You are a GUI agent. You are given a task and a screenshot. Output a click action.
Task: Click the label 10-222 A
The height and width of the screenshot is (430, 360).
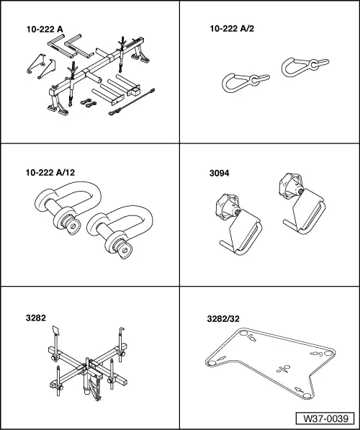(x=45, y=30)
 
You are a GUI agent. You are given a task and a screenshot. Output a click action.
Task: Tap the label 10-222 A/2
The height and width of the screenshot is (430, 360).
(x=232, y=29)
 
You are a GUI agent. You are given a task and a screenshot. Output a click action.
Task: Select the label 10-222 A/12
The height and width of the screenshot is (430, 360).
(x=50, y=172)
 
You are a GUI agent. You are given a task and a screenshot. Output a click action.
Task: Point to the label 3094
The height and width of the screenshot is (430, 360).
(x=219, y=174)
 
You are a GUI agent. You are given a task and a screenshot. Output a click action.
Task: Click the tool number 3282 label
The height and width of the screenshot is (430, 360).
(x=36, y=318)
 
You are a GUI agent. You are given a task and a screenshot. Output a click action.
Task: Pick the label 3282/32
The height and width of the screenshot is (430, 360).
(x=223, y=318)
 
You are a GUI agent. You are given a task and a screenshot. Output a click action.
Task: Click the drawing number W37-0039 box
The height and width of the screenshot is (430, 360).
(x=325, y=418)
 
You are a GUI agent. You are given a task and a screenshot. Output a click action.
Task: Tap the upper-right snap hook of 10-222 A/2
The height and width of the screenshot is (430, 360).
(x=305, y=66)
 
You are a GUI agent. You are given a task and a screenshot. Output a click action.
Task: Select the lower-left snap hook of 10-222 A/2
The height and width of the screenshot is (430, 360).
(x=245, y=82)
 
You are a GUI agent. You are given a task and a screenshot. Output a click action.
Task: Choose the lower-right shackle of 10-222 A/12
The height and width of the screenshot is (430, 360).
(x=120, y=231)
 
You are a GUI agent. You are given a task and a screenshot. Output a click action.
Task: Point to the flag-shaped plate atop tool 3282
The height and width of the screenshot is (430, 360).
(x=56, y=330)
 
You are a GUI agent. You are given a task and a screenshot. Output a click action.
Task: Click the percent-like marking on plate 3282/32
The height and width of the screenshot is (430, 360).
(x=283, y=369)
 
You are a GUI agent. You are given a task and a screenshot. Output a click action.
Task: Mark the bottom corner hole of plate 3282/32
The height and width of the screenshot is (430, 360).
(x=307, y=395)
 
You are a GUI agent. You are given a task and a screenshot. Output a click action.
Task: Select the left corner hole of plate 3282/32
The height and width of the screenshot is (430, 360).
(x=212, y=363)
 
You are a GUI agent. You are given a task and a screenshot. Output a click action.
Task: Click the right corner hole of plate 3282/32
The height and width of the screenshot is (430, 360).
(x=328, y=353)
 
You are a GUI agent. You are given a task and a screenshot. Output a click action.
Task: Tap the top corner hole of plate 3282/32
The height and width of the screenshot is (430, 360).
(x=243, y=333)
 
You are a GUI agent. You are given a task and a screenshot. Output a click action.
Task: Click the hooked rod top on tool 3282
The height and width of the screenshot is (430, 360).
(x=122, y=329)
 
